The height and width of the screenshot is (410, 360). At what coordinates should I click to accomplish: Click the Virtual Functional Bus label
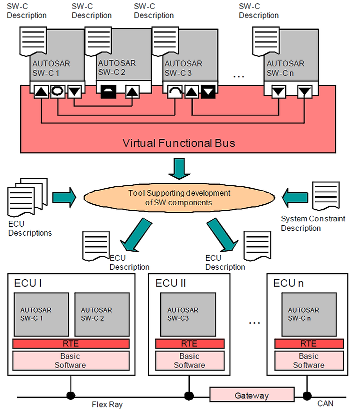178,143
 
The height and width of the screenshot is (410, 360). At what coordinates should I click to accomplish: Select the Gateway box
252,395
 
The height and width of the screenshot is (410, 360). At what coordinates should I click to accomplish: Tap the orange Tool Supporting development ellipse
179,198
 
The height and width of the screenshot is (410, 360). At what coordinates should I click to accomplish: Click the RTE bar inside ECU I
71,343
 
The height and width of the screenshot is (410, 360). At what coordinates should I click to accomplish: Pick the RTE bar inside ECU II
189,343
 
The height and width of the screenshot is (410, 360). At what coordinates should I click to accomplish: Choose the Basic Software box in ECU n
309,361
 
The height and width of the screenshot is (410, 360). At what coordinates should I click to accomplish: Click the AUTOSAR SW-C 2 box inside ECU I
102,314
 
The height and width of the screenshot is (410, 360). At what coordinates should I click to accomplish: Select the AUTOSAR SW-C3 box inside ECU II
188,314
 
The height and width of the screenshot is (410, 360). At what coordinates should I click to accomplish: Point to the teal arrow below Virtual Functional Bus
179,169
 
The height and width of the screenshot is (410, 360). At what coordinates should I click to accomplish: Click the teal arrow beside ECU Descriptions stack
64,197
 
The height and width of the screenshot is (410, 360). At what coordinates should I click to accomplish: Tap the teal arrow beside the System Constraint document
295,197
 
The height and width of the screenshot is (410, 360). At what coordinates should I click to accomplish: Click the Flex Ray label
107,405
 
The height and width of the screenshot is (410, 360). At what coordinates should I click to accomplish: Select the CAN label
325,404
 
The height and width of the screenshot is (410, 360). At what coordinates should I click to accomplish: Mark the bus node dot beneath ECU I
70,396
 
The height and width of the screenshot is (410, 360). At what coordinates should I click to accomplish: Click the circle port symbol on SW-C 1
57,91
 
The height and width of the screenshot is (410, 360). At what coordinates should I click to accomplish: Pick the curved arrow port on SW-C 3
175,91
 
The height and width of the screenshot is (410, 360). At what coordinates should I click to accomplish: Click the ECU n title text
288,283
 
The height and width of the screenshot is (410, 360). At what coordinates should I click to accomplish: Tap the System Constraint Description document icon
325,196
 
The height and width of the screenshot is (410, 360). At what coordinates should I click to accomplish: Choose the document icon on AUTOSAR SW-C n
265,41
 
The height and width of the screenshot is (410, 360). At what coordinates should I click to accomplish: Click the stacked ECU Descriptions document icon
27,197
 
